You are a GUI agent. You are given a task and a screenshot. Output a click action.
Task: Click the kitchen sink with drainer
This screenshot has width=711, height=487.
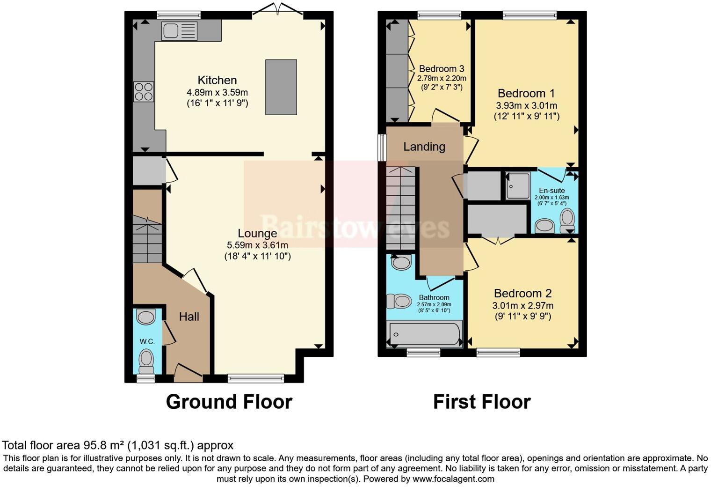pyautogui.click(x=180, y=31)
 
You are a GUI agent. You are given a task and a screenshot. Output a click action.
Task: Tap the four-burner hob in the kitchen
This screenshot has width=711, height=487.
pyautogui.click(x=144, y=91)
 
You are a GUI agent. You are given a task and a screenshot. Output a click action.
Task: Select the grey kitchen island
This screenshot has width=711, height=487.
pyautogui.click(x=281, y=87)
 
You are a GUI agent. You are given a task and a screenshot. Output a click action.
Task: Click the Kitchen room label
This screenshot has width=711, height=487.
pyautogui.click(x=217, y=80)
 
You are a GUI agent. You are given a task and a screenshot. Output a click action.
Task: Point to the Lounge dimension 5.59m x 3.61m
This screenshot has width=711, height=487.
pyautogui.click(x=257, y=245)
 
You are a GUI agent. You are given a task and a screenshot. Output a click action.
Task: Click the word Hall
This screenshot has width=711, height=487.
pyautogui.click(x=189, y=317)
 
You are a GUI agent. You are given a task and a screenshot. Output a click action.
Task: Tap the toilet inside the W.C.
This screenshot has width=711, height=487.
pyautogui.click(x=146, y=360)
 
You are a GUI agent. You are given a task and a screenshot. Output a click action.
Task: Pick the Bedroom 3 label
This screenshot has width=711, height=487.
pyautogui.click(x=442, y=69)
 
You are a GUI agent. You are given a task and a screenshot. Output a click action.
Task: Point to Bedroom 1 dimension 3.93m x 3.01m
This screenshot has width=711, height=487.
pyautogui.click(x=527, y=106)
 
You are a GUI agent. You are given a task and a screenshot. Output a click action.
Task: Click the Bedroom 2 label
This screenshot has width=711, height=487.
pyautogui.click(x=522, y=294)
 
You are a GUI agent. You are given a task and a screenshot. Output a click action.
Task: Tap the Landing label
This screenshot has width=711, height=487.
pyautogui.click(x=424, y=147)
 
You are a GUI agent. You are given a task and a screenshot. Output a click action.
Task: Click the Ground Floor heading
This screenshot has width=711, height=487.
pyautogui.click(x=229, y=402)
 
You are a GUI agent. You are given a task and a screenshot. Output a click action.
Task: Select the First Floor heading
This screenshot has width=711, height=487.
pyautogui.click(x=481, y=402)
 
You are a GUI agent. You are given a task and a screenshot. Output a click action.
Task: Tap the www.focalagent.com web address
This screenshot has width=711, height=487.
pyautogui.click(x=453, y=479)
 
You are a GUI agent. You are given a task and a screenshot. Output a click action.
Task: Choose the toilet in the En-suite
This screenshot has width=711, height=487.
pyautogui.click(x=567, y=220)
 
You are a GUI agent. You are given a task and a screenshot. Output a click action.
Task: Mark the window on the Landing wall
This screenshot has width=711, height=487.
pyautogui.click(x=382, y=148)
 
